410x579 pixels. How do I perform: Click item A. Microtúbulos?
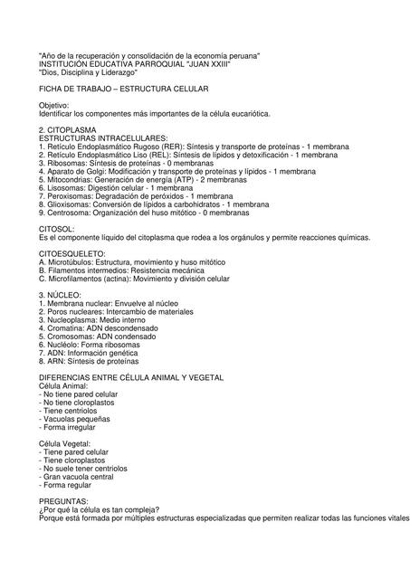tap(74, 261)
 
